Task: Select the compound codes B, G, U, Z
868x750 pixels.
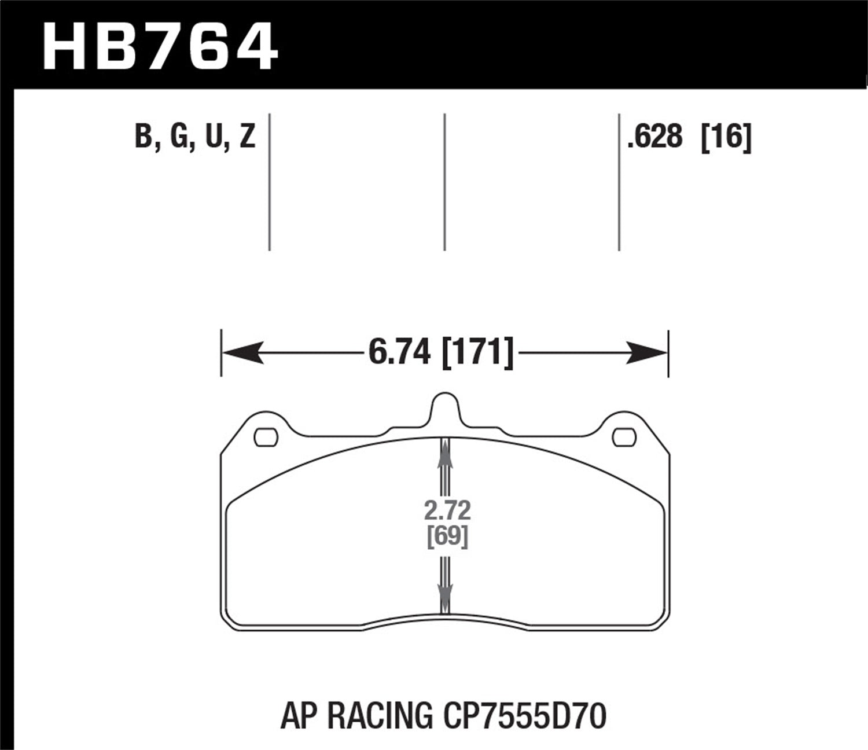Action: (x=195, y=138)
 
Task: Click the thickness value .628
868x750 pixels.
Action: (x=654, y=138)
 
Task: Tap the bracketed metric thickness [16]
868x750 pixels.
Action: (x=726, y=138)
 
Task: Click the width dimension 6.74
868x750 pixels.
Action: (x=399, y=352)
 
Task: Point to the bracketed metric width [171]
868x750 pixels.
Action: (x=477, y=352)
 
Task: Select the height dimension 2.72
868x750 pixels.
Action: (x=447, y=511)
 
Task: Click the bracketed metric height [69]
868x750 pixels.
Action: (x=447, y=537)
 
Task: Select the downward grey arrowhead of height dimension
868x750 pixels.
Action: (x=445, y=593)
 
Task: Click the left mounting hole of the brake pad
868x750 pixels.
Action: (x=266, y=437)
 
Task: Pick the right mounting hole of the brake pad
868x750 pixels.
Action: (x=624, y=437)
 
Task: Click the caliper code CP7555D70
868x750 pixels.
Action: (x=525, y=716)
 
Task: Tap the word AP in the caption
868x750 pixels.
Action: (x=300, y=716)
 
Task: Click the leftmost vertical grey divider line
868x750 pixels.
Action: (x=270, y=182)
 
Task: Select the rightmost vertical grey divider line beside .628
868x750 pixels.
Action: (x=619, y=182)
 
